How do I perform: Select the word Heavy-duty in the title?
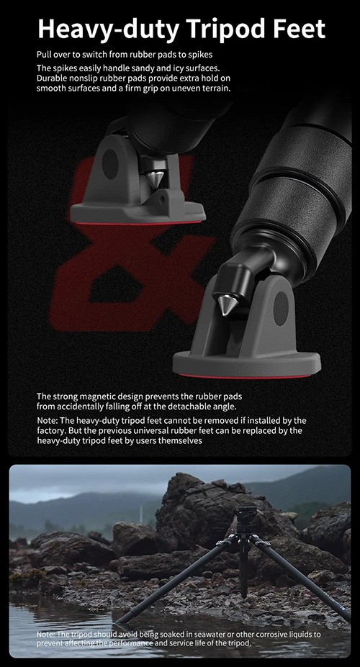[x=109, y=30]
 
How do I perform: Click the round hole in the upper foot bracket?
[x=110, y=164]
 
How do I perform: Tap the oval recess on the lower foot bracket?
[x=281, y=308]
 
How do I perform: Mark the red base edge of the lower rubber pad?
[x=245, y=376]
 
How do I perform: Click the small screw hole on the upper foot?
[x=162, y=199]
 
